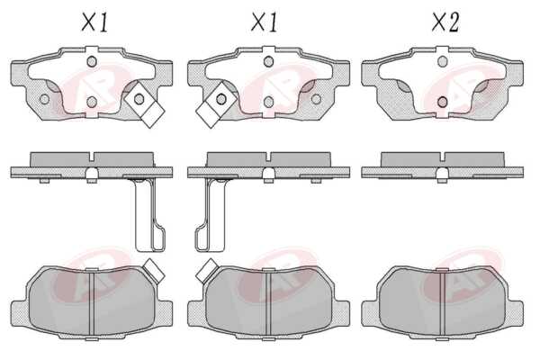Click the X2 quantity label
[x=445, y=22]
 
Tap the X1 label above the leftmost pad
[x=94, y=22]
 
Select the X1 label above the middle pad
[x=264, y=22]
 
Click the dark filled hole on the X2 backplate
[x=442, y=102]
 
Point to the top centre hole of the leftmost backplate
[x=92, y=62]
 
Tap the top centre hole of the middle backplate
[x=268, y=62]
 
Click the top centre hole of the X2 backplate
[x=442, y=62]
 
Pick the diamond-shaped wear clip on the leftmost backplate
[x=144, y=104]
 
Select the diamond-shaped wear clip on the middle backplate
[x=216, y=104]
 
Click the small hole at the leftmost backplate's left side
[x=44, y=99]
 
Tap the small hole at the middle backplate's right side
[x=316, y=99]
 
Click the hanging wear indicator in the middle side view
[x=211, y=214]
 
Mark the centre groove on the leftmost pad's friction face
[x=92, y=302]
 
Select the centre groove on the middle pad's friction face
[x=268, y=302]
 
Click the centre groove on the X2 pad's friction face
[x=443, y=302]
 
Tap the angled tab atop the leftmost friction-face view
[x=154, y=271]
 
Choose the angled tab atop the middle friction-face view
[x=206, y=271]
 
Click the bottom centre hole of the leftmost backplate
[x=92, y=102]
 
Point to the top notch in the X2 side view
[x=443, y=157]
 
